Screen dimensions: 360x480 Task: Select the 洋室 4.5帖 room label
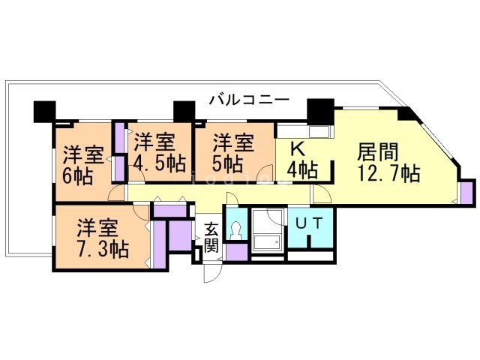[x=160, y=152]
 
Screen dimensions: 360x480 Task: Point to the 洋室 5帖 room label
[x=232, y=152]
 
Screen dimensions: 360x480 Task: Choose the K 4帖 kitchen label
[x=301, y=159]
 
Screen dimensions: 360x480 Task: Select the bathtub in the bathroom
[x=265, y=242]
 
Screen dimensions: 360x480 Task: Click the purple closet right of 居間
[x=467, y=192]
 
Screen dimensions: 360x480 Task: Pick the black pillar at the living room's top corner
[x=406, y=114]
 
